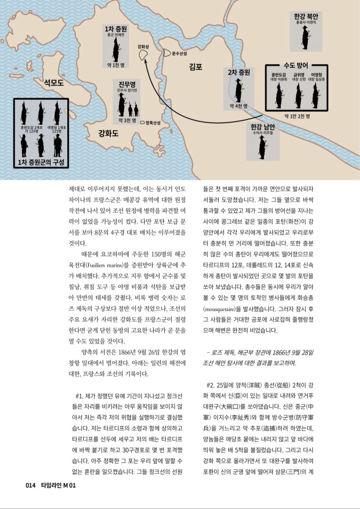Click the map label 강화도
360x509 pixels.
tap(108, 134)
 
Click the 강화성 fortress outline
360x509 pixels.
tap(141, 55)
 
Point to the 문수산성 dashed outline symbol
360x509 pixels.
tap(166, 52)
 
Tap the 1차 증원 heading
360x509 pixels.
tap(116, 29)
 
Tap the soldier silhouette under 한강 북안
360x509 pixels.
tap(306, 37)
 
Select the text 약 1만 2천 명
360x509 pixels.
tap(297, 116)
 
